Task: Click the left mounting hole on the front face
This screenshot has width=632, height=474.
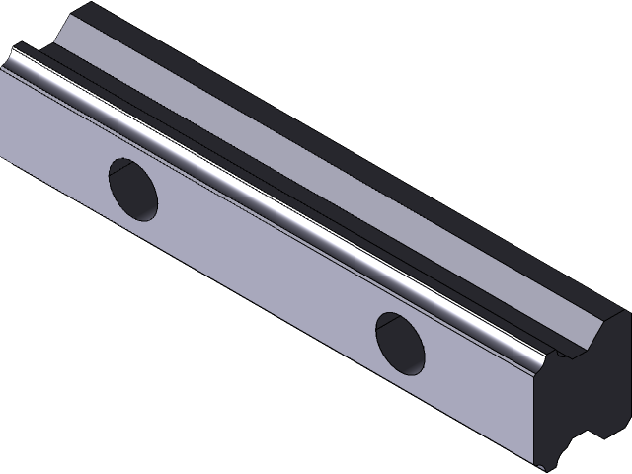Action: (x=132, y=189)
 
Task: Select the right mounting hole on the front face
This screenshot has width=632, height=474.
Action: (x=400, y=342)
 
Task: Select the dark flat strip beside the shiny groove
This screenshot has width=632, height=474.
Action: (x=296, y=188)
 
